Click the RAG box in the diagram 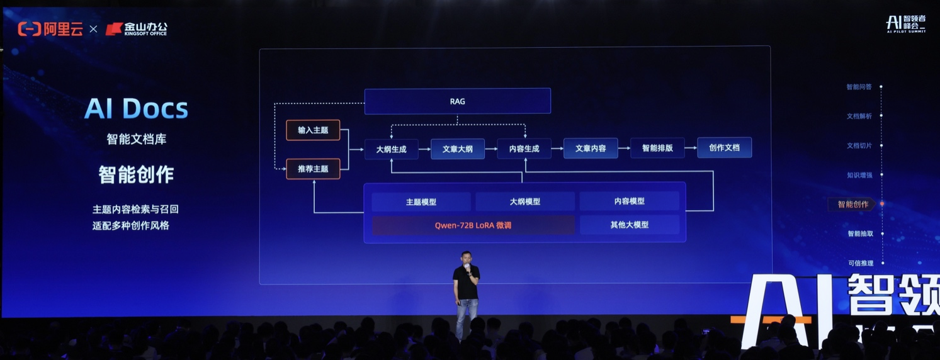pos(458,101)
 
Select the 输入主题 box pos(313,130)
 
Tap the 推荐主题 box pos(313,169)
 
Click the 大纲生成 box pos(391,149)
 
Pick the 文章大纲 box pos(458,149)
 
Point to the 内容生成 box pos(524,149)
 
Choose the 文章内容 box pos(591,148)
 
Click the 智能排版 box pos(657,148)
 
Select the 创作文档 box pos(725,147)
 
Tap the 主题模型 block pos(421,202)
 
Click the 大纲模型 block pos(525,201)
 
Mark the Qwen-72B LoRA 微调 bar pos(473,225)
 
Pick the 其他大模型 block pos(630,225)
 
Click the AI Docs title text pos(137,109)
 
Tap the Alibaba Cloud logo pos(50,29)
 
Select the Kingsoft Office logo pos(136,28)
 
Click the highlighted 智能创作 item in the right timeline pos(853,205)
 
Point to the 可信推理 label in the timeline pos(861,263)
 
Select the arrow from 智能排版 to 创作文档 pos(691,148)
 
